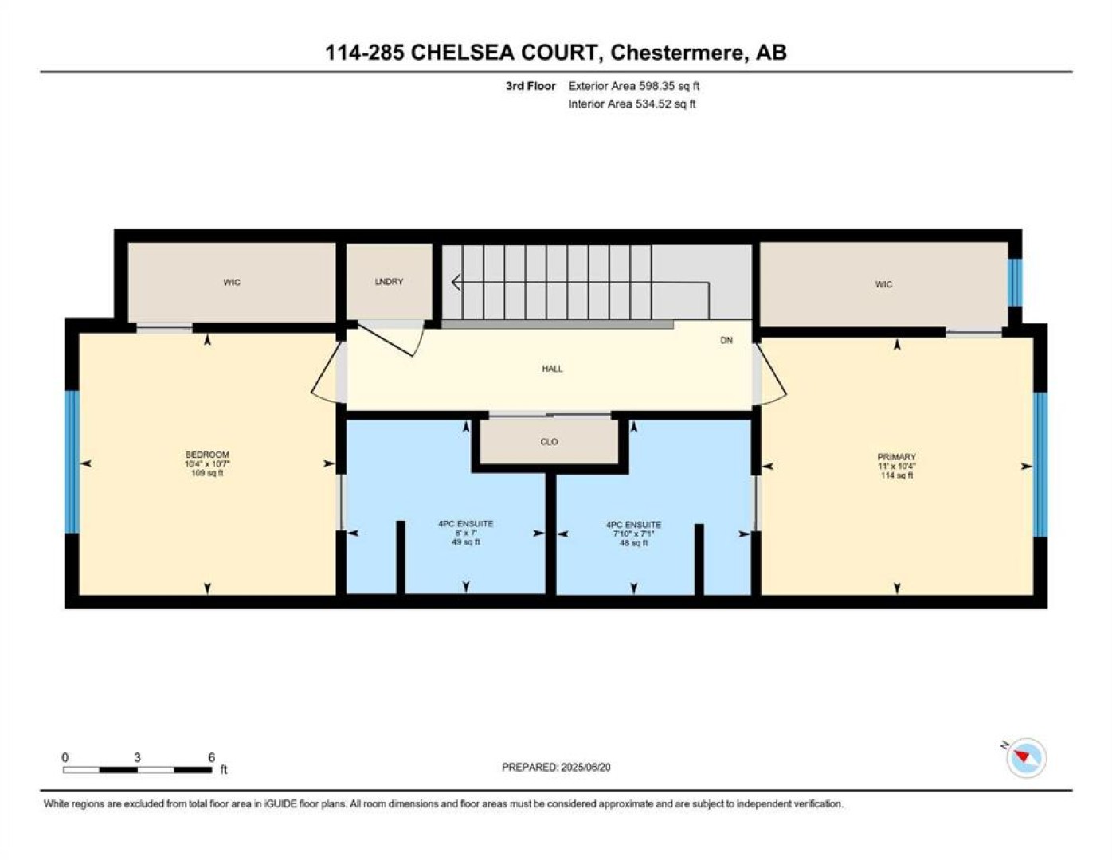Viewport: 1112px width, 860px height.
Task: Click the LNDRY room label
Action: (x=389, y=281)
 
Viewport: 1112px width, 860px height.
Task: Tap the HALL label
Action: (x=552, y=369)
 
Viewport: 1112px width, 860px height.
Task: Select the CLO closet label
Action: (x=549, y=441)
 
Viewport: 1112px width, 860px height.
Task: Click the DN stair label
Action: (x=726, y=340)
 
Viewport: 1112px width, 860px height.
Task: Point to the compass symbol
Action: (x=1025, y=758)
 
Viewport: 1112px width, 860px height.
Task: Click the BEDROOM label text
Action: (x=207, y=455)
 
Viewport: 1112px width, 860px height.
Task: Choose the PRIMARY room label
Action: (x=897, y=457)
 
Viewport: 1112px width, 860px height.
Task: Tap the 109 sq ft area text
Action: (x=207, y=473)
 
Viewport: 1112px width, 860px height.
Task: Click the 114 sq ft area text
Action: (x=897, y=475)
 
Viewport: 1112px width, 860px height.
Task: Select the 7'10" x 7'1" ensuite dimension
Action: (x=633, y=534)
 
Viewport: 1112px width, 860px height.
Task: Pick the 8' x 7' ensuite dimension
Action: (x=465, y=533)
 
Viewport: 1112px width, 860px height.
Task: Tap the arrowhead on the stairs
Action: (x=456, y=282)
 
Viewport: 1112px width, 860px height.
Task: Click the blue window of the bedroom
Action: (x=72, y=463)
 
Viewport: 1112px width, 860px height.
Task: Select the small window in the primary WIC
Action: (x=1014, y=283)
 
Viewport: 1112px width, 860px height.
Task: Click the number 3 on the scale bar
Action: (x=137, y=757)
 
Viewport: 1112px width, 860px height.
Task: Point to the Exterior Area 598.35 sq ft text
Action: (x=633, y=86)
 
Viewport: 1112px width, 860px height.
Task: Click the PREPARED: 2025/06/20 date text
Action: (x=556, y=767)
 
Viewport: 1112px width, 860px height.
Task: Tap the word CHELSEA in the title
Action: (x=462, y=53)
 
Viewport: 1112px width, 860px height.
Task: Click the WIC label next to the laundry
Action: (x=232, y=283)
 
